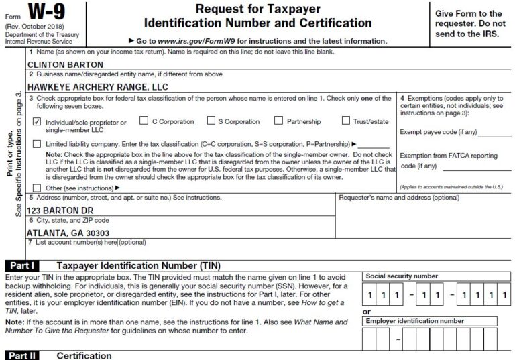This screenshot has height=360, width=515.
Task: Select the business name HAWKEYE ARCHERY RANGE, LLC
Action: [x=97, y=86]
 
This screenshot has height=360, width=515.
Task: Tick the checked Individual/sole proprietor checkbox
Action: [x=38, y=123]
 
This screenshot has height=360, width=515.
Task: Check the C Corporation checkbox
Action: [x=144, y=121]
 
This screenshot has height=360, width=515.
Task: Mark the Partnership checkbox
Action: [x=278, y=121]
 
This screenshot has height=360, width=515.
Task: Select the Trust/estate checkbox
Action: [x=346, y=121]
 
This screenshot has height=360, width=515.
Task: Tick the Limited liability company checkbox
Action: [x=38, y=144]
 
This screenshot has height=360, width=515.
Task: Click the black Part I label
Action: [x=20, y=265]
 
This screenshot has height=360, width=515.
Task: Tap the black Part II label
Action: [x=20, y=355]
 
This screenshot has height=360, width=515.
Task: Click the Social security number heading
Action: [x=402, y=276]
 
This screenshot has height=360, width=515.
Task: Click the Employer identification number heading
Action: [x=414, y=321]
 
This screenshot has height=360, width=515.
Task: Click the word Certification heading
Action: [x=84, y=355]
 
